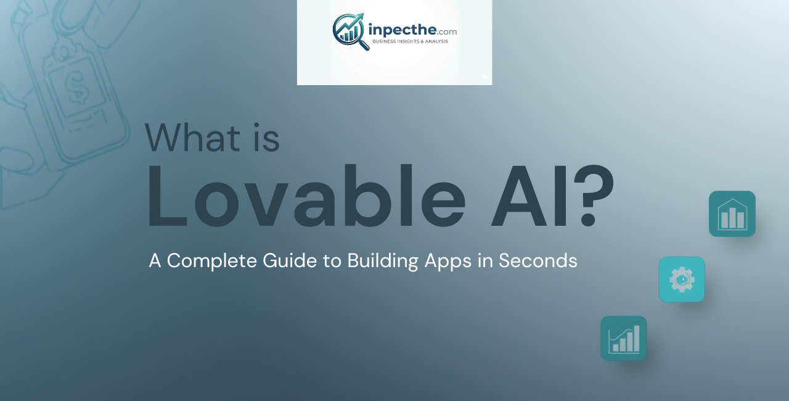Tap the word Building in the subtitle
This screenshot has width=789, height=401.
pos(383,262)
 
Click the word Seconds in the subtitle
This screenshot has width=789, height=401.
pos(538,261)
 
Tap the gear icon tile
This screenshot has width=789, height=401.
pos(682,279)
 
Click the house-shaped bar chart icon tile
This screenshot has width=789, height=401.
pos(732,214)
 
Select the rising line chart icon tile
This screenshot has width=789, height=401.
pos(624,339)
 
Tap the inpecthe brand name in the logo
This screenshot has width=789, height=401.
pos(401,30)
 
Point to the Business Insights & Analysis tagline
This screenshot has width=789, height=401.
pos(410,41)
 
